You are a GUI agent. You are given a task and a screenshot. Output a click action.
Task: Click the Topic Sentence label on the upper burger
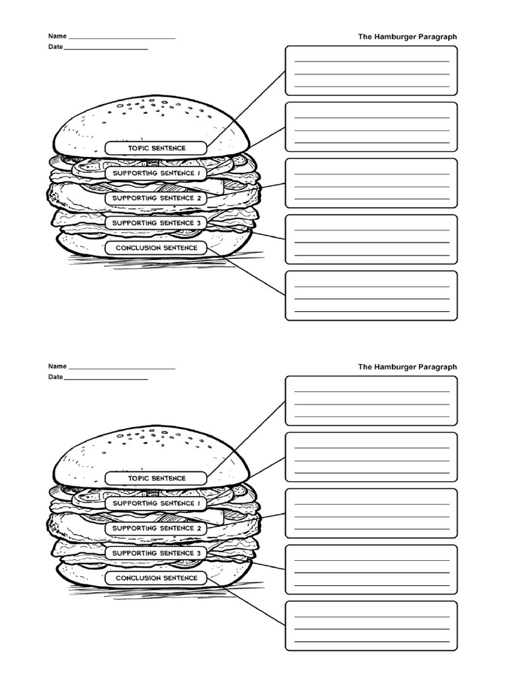pos(157,148)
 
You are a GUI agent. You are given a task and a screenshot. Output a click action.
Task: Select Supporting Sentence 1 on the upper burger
pos(157,173)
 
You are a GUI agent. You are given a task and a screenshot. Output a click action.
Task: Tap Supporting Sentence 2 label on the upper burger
pos(157,198)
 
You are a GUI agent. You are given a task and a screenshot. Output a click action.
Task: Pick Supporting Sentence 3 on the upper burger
pos(157,223)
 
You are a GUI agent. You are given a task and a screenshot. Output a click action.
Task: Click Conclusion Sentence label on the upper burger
pos(157,248)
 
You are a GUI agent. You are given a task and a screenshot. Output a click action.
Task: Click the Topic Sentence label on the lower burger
pos(157,478)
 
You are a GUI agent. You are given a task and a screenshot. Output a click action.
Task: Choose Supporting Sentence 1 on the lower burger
pos(157,503)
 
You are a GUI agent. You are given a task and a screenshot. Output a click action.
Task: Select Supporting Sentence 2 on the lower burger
pos(157,528)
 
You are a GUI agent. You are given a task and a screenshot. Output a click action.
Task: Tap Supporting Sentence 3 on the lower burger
pos(157,553)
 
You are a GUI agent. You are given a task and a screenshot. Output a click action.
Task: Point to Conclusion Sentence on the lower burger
pos(157,578)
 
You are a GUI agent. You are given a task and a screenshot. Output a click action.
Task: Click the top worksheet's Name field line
pos(122,37)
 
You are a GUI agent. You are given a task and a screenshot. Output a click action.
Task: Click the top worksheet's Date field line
pos(106,48)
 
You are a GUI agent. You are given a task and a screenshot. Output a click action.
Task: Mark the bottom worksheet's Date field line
pos(106,378)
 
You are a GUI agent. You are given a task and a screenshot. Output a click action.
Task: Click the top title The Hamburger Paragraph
pos(407,37)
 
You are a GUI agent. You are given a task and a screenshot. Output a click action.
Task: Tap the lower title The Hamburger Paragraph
pos(407,367)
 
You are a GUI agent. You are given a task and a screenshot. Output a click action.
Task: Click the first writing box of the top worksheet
pos(371,71)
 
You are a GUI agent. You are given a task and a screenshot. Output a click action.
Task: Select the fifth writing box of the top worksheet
pos(371,295)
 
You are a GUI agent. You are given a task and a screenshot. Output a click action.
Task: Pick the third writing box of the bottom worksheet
pos(371,513)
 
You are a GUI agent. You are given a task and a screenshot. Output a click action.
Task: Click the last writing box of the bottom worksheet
pos(371,626)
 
